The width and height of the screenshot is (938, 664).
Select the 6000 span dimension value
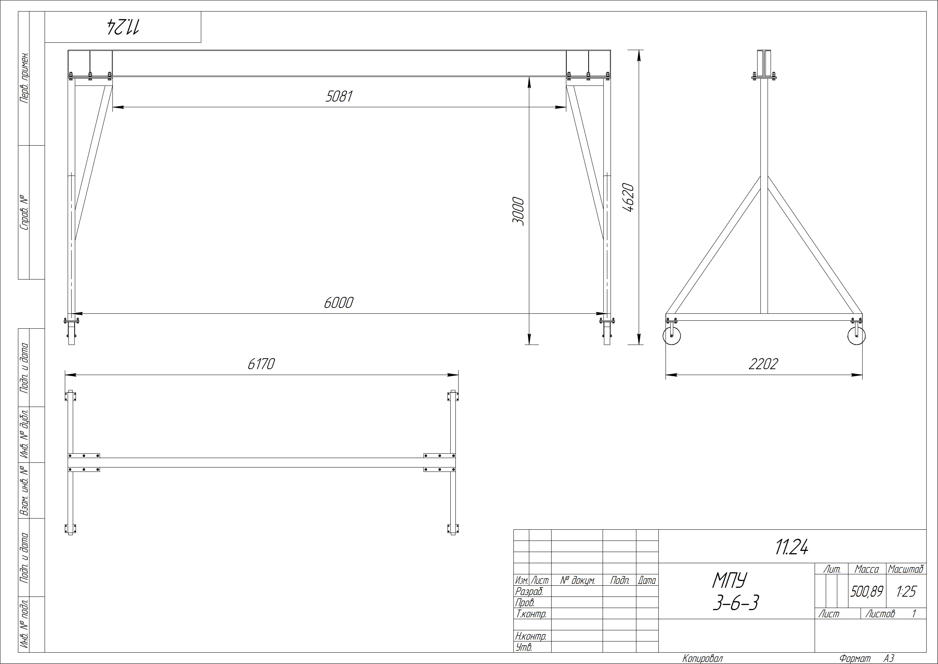click(339, 303)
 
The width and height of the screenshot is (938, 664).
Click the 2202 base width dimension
click(763, 364)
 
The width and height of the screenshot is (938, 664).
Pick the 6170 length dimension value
click(261, 364)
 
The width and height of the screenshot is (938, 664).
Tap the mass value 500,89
click(867, 591)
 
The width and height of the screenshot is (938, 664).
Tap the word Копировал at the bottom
click(703, 658)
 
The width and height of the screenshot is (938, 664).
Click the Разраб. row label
click(529, 591)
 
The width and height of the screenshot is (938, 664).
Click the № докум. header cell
click(577, 580)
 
